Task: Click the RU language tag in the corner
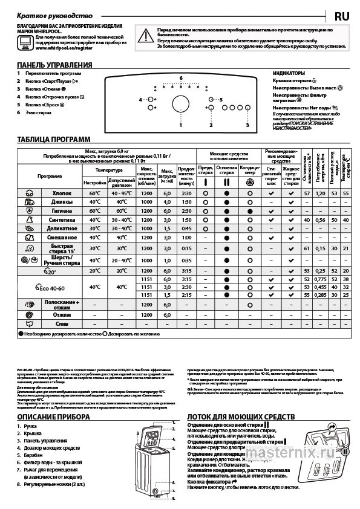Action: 341,14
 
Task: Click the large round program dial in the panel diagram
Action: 180,103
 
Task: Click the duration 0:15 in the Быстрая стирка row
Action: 186,248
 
